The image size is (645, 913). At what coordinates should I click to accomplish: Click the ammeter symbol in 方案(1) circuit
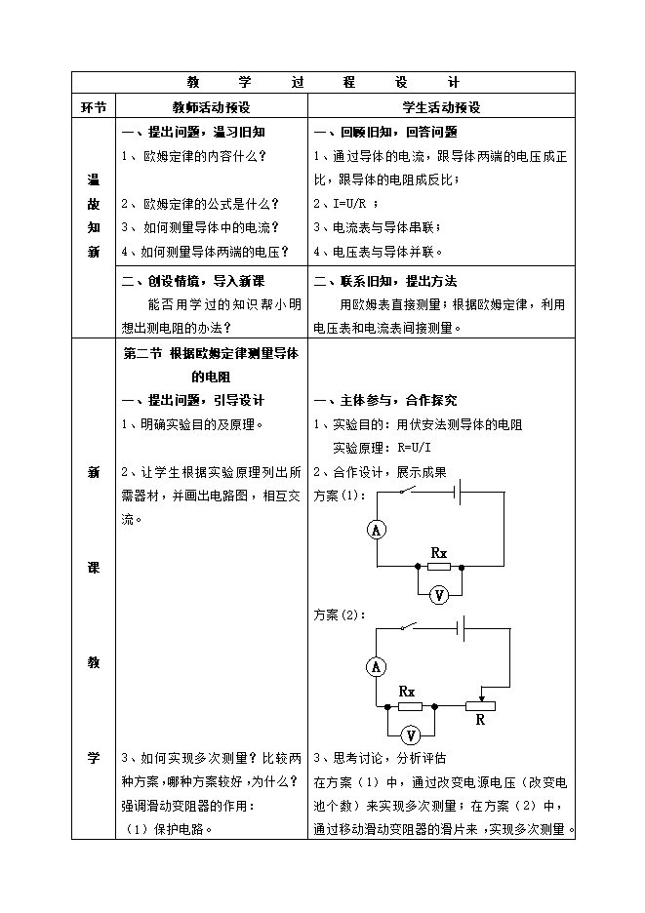375,530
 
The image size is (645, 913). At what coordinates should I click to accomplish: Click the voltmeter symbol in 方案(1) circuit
439,596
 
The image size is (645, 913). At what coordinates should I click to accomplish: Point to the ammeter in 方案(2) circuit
376,667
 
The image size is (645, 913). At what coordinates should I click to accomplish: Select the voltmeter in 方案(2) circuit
411,734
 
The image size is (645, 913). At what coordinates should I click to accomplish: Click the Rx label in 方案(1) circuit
439,553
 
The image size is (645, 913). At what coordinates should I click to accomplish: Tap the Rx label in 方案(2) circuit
408,691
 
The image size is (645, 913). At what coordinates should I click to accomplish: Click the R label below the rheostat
480,721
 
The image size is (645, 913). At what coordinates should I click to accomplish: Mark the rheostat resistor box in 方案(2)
480,705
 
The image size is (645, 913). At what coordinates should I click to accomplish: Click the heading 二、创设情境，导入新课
192,281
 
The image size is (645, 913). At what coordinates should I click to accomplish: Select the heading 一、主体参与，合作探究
385,400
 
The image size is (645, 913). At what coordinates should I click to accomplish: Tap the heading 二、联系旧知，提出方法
385,281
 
